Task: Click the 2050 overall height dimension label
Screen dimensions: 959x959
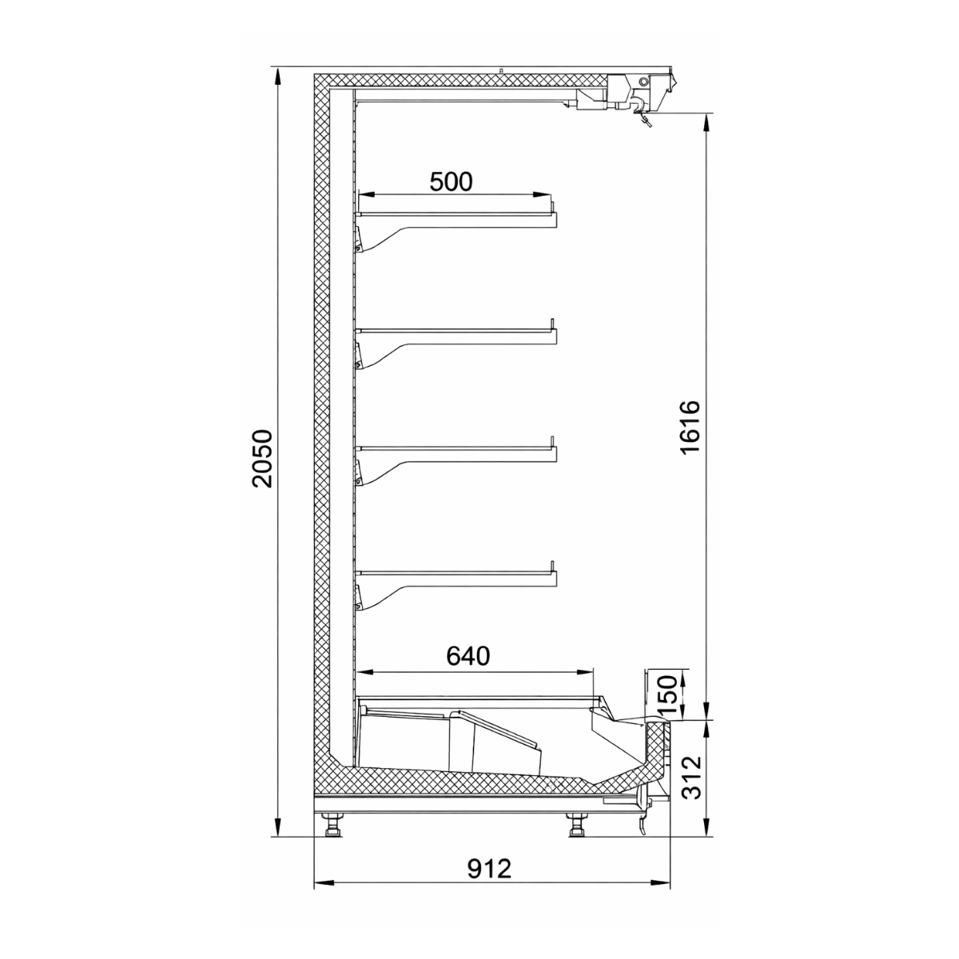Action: pyautogui.click(x=262, y=458)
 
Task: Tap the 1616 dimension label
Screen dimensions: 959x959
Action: pyautogui.click(x=689, y=427)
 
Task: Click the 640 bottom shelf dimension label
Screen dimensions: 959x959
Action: pyautogui.click(x=468, y=656)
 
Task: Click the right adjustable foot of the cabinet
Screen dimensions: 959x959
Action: pyautogui.click(x=576, y=825)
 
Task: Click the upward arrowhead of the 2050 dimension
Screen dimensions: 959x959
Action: pyautogui.click(x=277, y=74)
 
